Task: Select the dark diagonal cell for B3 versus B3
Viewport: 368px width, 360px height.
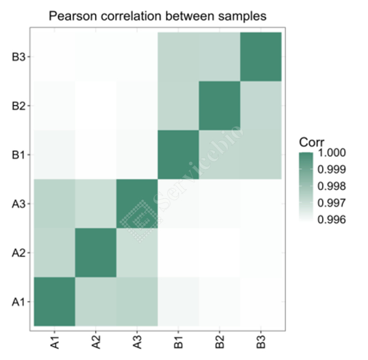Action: click(x=261, y=57)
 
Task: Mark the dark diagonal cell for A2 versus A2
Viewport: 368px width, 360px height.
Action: click(x=96, y=253)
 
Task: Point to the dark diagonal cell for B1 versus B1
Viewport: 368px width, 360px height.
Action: click(x=178, y=155)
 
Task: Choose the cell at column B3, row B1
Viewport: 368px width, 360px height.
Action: click(x=261, y=155)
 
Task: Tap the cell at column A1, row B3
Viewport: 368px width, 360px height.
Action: click(x=54, y=57)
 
